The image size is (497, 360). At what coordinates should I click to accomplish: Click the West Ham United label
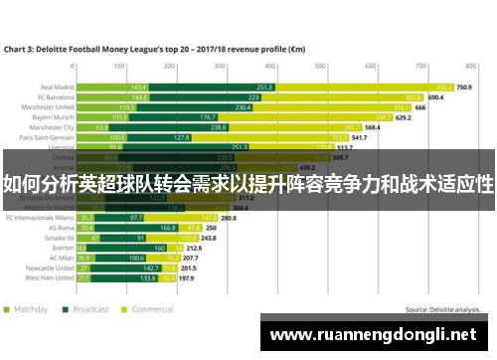click(53, 278)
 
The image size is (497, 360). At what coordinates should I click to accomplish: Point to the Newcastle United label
click(52, 269)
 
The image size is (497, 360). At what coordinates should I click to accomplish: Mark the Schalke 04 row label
click(59, 238)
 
